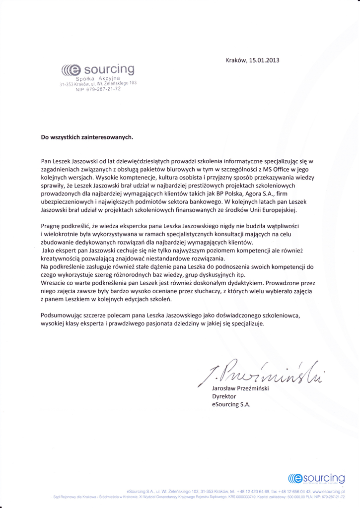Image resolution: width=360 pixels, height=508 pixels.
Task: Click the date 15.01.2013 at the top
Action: point(263,61)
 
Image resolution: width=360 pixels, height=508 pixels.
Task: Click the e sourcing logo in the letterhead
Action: point(97,68)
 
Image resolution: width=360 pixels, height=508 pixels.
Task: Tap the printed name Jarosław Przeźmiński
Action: point(240,388)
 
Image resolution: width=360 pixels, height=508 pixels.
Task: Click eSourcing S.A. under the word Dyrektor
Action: point(231,404)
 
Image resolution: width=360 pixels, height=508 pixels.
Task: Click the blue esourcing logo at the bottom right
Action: point(316,478)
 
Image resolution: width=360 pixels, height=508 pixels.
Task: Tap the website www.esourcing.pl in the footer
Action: point(329,490)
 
